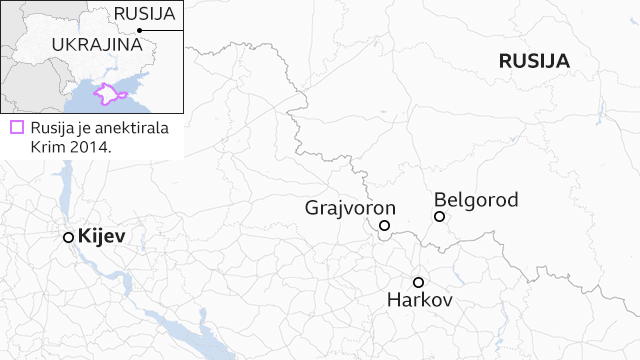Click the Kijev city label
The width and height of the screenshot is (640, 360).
[100, 237]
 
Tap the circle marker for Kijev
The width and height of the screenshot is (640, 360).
[68, 237]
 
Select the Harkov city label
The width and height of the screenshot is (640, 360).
[420, 300]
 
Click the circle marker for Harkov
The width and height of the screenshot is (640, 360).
[418, 281]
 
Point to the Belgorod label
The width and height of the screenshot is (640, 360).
[476, 200]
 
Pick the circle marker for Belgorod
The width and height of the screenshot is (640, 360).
[439, 217]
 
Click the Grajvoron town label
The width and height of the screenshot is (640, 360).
[350, 208]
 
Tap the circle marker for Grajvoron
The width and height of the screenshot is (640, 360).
[385, 226]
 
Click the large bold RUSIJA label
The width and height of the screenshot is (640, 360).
[534, 61]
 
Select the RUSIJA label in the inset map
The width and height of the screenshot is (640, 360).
[144, 13]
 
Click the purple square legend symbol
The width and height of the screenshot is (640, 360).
[16, 128]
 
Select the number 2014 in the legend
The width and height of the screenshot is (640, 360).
[91, 146]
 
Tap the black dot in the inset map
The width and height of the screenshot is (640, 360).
[141, 31]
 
